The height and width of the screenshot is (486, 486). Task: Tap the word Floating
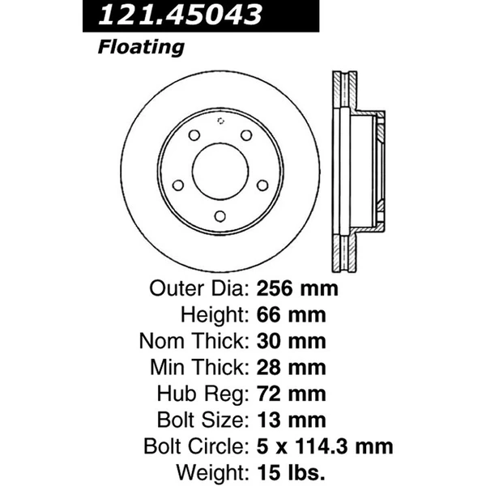tap(140, 47)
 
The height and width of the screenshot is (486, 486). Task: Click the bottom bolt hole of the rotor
tap(220, 215)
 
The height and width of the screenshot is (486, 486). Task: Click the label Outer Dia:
tap(198, 288)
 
